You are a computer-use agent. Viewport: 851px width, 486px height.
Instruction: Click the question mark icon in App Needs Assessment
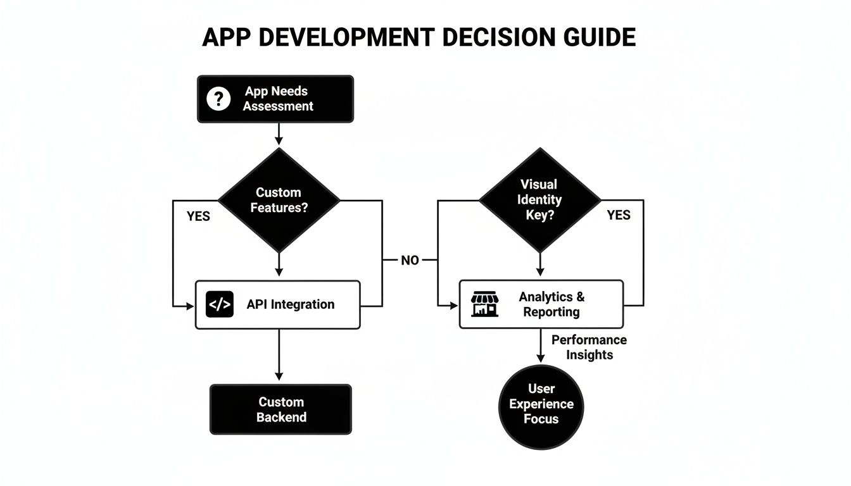pyautogui.click(x=218, y=99)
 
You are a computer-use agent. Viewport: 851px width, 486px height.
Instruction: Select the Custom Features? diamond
pyautogui.click(x=279, y=200)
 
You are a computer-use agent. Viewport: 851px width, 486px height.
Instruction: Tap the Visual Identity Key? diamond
pyautogui.click(x=539, y=200)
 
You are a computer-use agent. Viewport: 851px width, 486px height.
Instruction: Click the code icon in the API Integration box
pyautogui.click(x=220, y=304)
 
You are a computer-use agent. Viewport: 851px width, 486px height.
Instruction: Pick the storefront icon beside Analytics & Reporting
pyautogui.click(x=485, y=304)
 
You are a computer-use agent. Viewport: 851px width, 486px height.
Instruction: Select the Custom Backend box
pyautogui.click(x=281, y=409)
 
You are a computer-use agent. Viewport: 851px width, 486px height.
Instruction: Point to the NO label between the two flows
pyautogui.click(x=410, y=260)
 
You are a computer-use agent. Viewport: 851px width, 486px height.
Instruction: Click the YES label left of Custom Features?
pyautogui.click(x=198, y=216)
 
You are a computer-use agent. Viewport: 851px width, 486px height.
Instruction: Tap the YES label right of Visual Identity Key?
pyautogui.click(x=618, y=215)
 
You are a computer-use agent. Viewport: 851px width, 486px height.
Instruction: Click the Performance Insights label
pyautogui.click(x=589, y=347)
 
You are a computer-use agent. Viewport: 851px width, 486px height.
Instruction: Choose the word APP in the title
pyautogui.click(x=227, y=38)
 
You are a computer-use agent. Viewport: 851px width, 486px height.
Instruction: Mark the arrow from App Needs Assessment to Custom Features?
pyautogui.click(x=279, y=134)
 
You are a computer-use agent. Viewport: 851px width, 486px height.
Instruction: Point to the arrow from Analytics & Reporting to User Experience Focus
pyautogui.click(x=541, y=346)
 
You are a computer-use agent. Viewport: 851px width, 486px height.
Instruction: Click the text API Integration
pyautogui.click(x=290, y=304)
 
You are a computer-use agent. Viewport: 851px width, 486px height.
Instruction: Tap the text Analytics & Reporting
pyautogui.click(x=552, y=304)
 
